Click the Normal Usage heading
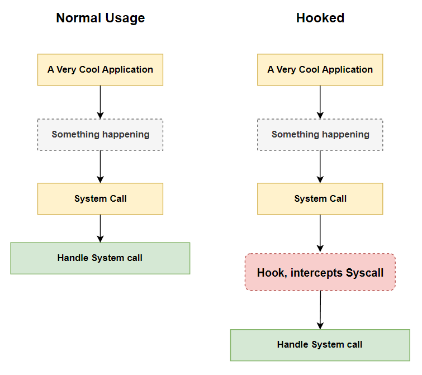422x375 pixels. click(x=100, y=18)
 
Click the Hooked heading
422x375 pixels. click(x=320, y=18)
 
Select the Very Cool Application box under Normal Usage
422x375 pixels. click(x=100, y=70)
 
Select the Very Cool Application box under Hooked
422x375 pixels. click(x=320, y=70)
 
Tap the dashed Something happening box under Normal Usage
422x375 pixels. click(x=100, y=135)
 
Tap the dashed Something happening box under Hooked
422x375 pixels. click(x=320, y=135)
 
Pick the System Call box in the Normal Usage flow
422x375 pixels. click(x=100, y=199)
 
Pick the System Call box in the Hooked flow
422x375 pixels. click(x=320, y=199)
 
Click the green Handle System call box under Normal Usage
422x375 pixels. click(x=100, y=258)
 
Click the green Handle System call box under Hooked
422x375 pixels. click(x=320, y=345)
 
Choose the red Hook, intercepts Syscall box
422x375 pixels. click(x=320, y=273)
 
